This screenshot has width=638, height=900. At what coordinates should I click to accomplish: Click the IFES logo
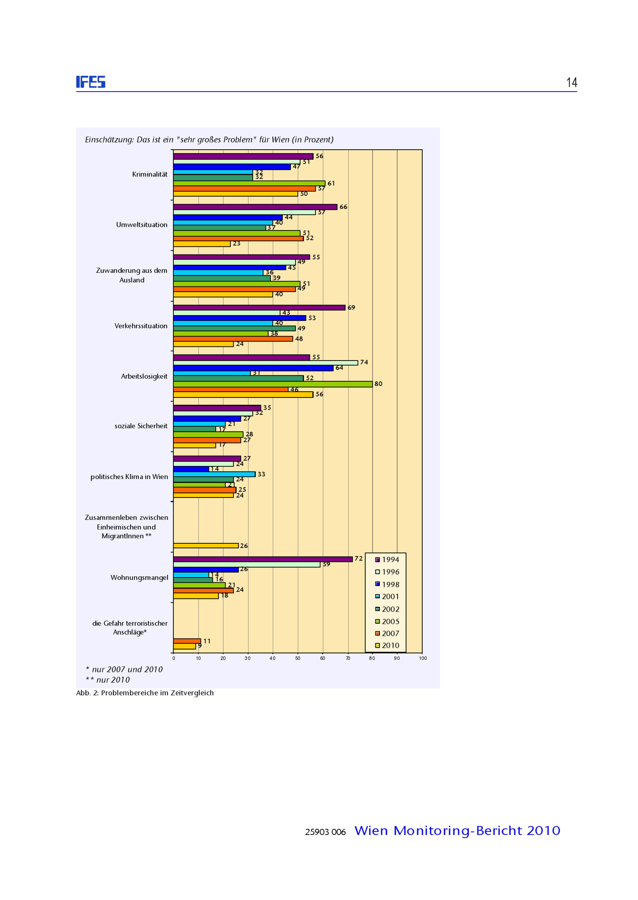[x=91, y=82]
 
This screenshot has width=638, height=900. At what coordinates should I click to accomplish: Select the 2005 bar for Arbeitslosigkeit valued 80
[x=273, y=384]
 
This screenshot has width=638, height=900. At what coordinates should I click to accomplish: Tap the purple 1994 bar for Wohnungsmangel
[x=263, y=559]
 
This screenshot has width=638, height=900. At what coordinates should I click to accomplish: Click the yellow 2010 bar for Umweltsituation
[x=202, y=244]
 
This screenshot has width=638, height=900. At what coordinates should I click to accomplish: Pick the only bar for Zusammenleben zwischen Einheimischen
[x=205, y=546]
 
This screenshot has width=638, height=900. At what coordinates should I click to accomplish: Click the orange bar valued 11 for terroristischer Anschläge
[x=187, y=641]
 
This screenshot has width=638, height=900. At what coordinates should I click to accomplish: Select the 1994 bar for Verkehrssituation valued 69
[x=259, y=308]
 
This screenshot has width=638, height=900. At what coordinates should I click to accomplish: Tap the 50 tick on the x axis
[x=297, y=658]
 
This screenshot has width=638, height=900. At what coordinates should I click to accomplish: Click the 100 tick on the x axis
[x=422, y=658]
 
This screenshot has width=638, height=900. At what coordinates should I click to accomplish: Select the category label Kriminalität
[x=150, y=174]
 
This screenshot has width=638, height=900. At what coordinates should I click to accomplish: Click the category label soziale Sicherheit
[x=141, y=426]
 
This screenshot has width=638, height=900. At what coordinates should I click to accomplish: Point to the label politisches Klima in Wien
[x=129, y=477]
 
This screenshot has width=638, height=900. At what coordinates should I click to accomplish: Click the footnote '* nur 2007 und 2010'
[x=124, y=670]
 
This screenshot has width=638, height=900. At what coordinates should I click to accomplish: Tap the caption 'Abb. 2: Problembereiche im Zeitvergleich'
[x=145, y=693]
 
